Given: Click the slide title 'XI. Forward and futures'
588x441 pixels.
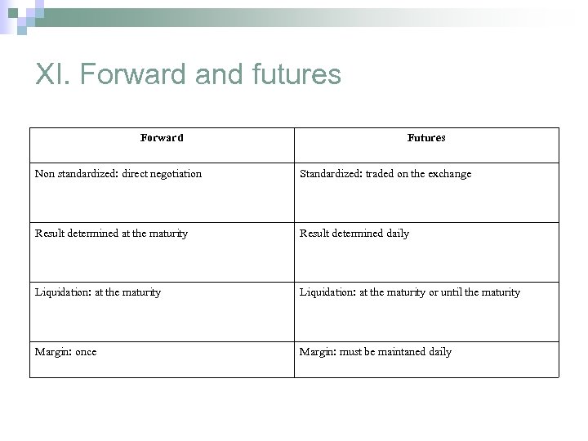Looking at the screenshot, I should point(188,75).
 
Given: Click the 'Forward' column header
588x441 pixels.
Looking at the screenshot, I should point(162,138).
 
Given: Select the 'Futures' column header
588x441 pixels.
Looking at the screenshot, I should point(426,138).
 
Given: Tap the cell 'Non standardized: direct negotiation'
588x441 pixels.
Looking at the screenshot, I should point(118,174).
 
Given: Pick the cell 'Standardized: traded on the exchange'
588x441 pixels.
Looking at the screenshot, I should point(385,174).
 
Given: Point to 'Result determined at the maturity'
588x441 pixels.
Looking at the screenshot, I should point(111,234).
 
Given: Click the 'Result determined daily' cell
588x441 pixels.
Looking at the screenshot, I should point(354,234).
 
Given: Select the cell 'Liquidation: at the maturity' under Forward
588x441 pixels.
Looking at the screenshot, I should point(98,292).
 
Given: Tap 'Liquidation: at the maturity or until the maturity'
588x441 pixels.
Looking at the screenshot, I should point(410,292).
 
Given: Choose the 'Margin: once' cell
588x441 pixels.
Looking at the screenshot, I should point(65,352).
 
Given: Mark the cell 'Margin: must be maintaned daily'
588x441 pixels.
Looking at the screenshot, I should point(376,352).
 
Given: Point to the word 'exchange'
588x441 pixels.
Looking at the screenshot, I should point(450,174).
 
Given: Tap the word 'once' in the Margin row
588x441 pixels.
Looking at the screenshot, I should point(85,352).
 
